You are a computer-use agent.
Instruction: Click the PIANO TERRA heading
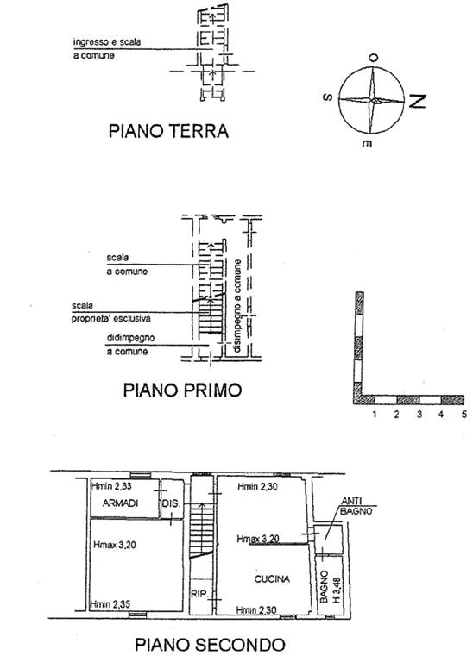click(168, 131)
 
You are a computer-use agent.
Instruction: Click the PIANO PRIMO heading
click(182, 390)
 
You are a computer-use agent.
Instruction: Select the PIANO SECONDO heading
click(210, 645)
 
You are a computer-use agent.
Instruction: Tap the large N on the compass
click(416, 102)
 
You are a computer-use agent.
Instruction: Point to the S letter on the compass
click(328, 97)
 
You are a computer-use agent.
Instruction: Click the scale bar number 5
click(464, 415)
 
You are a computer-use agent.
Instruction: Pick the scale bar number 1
click(375, 415)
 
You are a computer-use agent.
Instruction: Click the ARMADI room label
click(121, 503)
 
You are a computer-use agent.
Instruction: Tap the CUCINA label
click(272, 579)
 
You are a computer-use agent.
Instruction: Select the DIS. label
click(171, 503)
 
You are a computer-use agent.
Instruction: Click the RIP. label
click(199, 594)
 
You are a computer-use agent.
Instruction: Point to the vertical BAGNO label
click(325, 587)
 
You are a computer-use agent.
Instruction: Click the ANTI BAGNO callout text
click(356, 506)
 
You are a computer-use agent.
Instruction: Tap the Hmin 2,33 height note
click(111, 486)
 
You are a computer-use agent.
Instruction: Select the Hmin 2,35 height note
click(110, 604)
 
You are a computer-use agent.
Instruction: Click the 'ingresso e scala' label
click(107, 42)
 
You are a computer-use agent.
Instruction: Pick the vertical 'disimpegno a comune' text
click(238, 306)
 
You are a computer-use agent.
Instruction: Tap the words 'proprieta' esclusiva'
click(110, 319)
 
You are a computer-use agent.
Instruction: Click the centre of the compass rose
click(371, 100)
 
